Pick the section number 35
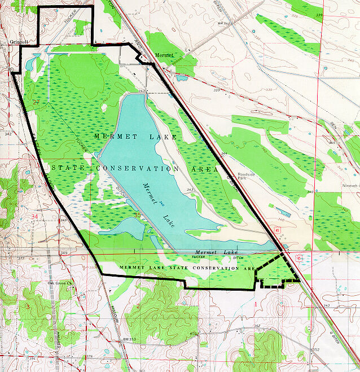pos(137,214)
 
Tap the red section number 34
pos(35,216)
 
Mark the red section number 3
pos(27,305)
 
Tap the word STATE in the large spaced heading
pos(68,168)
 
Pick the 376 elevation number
pos(89,357)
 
